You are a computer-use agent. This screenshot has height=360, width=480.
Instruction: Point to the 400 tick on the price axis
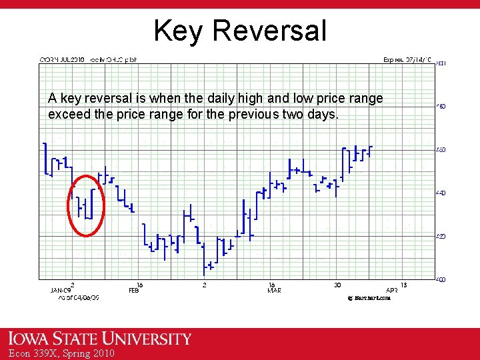[441, 279]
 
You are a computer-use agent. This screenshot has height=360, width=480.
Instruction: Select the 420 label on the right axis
[441, 236]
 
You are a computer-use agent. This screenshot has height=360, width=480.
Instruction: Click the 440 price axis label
[441, 193]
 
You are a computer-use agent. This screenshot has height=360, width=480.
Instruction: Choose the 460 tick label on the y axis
[441, 149]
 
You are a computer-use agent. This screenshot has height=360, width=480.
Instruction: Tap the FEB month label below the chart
[134, 291]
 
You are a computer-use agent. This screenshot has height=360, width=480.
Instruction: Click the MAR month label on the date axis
[274, 291]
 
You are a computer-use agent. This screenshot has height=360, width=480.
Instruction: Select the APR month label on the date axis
[392, 291]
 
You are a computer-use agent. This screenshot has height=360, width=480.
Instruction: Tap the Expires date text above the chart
[407, 59]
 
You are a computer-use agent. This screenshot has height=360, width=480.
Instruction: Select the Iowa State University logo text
[100, 339]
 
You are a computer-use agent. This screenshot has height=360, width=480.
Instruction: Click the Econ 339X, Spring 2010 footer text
[58, 353]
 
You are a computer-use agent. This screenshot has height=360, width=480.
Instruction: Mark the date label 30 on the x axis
[337, 285]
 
